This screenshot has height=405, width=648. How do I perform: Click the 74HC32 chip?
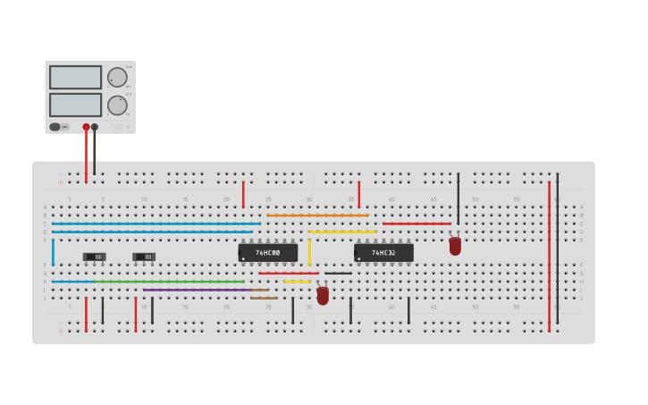coord(383,253)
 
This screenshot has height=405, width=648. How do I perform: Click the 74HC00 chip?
coord(268,253)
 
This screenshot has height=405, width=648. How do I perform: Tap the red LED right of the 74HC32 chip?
coord(455,246)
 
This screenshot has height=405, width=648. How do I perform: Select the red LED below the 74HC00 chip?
coord(323,295)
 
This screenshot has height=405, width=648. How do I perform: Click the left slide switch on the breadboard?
coord(95,257)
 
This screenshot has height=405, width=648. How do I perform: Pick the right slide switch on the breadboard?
coord(144,257)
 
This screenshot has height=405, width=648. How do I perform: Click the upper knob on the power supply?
coord(117,77)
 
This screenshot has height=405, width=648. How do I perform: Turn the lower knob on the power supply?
coord(117,105)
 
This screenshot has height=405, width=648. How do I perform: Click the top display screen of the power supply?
coord(75,77)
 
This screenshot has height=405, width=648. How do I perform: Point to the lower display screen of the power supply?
coord(75,105)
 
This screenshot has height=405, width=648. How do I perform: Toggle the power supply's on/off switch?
coord(55,127)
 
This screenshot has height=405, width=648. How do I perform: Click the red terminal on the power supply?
coord(86,127)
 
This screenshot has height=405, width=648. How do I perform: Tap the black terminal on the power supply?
coord(95,127)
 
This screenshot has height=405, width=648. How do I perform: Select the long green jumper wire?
coord(170,282)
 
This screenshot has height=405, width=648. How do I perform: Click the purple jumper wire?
coord(197,290)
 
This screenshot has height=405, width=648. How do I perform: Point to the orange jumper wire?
coord(317,215)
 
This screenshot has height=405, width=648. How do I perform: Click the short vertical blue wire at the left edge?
coord(53,252)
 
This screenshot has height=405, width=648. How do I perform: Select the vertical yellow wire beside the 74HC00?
coord(309,252)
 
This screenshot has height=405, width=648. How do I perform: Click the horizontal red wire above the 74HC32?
coord(417,224)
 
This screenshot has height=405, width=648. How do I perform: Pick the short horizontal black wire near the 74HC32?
coord(338,274)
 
